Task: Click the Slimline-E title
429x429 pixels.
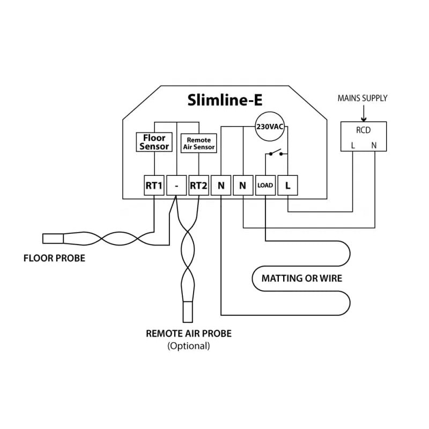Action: [225, 100]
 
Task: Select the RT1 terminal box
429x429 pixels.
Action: [154, 186]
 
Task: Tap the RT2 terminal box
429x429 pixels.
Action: [198, 186]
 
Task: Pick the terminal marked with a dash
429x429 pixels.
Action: [176, 186]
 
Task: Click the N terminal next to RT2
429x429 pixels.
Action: [221, 186]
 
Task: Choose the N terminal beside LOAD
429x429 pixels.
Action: [243, 186]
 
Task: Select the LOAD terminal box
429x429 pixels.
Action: [265, 186]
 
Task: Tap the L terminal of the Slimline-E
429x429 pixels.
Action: [288, 186]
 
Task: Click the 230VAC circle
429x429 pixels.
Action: [270, 127]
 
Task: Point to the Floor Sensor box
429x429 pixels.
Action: [154, 142]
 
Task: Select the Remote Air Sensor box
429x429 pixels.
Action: [198, 143]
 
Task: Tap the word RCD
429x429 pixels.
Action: [363, 129]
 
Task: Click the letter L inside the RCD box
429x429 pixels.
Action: [352, 145]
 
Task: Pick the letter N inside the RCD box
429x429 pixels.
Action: [374, 145]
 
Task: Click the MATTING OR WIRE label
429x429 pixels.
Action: [301, 278]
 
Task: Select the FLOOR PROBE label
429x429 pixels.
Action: [54, 258]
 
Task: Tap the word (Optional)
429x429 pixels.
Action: [189, 346]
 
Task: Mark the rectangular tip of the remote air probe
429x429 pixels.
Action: [188, 311]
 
